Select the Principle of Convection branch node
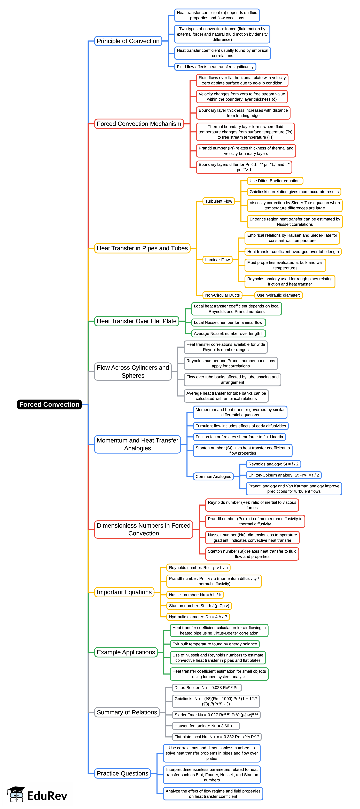click(x=128, y=41)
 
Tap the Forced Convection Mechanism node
click(x=139, y=124)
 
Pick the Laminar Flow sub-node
click(x=217, y=260)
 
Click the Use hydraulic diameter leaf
click(x=278, y=295)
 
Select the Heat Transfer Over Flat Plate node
click(x=137, y=321)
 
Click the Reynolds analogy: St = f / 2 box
click(x=273, y=464)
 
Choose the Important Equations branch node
click(x=124, y=592)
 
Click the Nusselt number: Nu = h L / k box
click(x=195, y=595)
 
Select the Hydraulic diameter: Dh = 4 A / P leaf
click(x=198, y=617)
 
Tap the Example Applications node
click(x=126, y=652)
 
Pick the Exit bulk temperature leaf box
click(x=215, y=644)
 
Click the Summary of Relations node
click(x=127, y=712)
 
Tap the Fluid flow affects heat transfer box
click(x=215, y=67)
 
